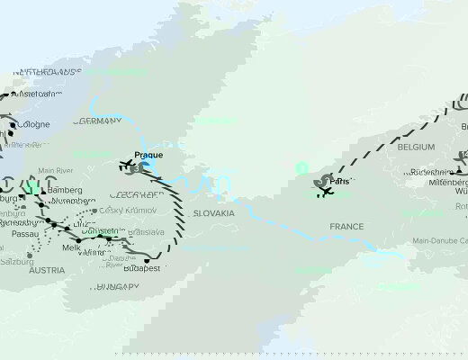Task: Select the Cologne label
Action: (34, 124)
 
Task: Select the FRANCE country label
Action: (346, 227)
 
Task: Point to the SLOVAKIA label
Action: (213, 213)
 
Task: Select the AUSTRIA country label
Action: (46, 270)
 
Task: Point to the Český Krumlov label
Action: (127, 210)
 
